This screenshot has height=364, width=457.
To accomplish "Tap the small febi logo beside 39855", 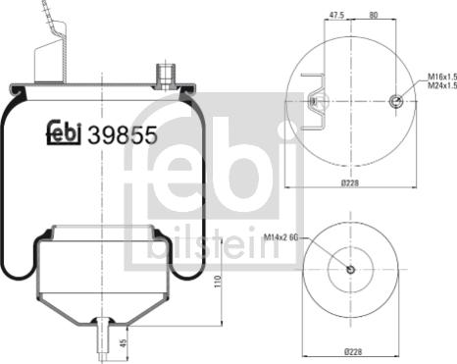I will click(63, 136).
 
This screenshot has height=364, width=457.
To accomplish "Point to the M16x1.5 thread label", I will click(441, 77).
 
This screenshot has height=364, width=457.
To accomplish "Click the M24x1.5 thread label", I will click(441, 87).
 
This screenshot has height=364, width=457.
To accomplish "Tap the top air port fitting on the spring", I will click(164, 74).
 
